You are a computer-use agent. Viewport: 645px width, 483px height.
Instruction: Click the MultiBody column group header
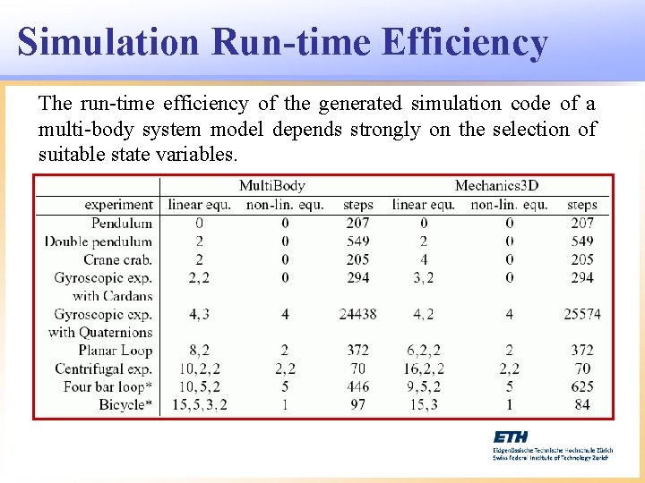271,186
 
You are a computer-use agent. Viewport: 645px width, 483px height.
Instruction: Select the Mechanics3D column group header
496,186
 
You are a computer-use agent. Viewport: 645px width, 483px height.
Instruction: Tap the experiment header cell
119,205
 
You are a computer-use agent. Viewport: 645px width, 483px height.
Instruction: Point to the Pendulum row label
122,223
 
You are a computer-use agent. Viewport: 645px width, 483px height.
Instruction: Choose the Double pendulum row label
99,241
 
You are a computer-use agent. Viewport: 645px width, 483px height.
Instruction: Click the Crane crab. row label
118,259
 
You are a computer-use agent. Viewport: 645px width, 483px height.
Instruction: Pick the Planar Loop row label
116,351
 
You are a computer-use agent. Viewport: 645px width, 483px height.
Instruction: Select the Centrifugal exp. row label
104,369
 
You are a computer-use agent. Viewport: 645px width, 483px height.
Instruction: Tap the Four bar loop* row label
108,386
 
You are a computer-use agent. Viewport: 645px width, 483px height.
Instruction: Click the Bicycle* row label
125,404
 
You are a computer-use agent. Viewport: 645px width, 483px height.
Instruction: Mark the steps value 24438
357,314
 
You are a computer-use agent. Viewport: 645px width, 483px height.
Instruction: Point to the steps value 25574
582,314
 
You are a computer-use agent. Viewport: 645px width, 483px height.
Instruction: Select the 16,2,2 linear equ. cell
423,369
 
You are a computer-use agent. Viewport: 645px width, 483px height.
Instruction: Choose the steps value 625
582,386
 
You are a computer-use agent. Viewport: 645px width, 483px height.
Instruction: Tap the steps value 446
357,386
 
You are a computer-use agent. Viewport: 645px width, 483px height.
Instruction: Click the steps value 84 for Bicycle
582,404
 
